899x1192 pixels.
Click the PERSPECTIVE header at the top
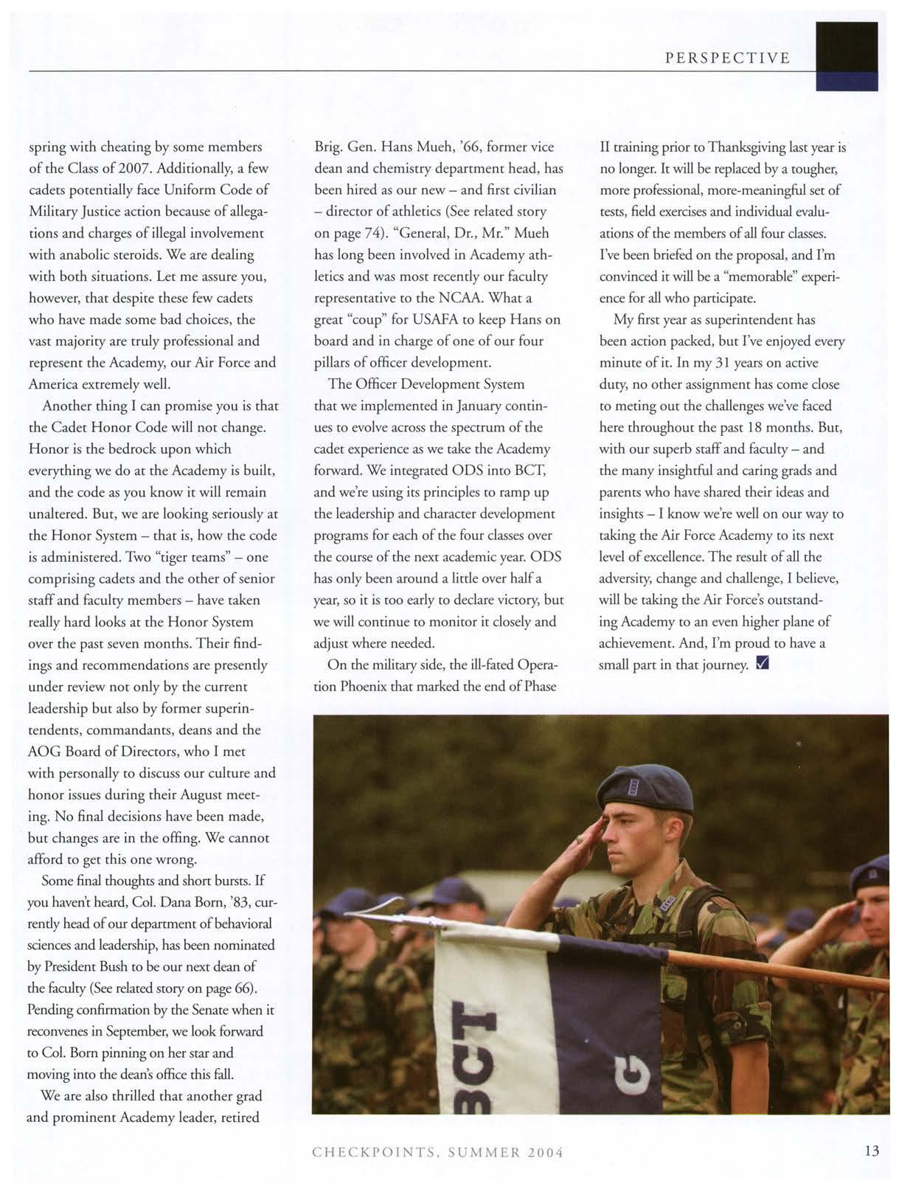tap(727, 58)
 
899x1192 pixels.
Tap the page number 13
tap(872, 1151)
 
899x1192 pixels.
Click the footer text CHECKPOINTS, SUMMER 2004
tap(438, 1152)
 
